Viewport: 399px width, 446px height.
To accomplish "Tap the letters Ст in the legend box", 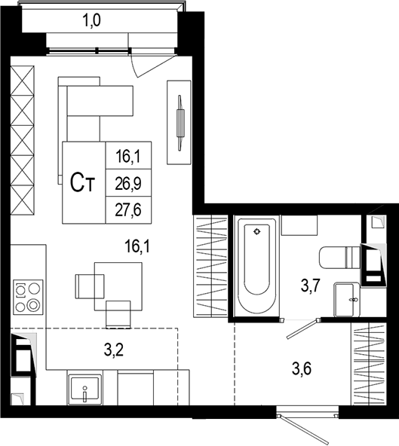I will (x=82, y=182).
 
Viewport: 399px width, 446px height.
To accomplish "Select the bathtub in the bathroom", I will (x=256, y=266).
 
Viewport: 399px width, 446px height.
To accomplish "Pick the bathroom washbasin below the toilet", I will (x=346, y=301).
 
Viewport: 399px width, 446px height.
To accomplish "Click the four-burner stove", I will (x=27, y=296).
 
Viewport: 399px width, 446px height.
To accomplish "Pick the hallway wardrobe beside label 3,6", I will (x=370, y=363).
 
